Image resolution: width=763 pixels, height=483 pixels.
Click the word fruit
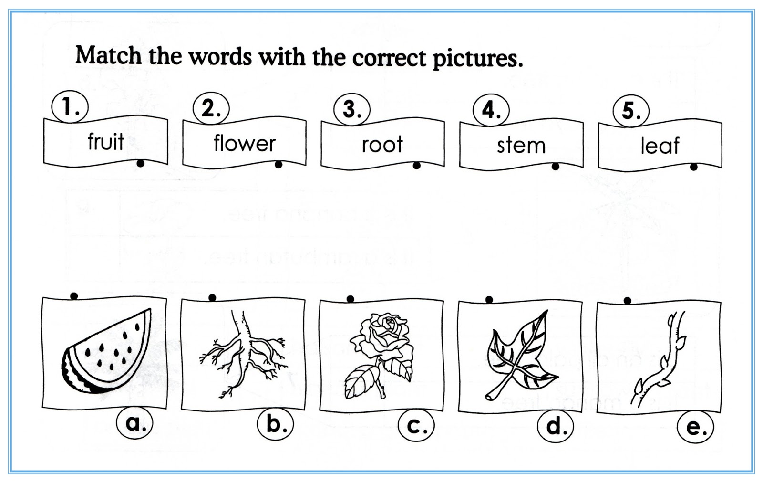click(106, 141)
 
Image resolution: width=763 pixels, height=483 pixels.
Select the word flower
click(244, 143)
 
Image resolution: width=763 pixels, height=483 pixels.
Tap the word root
click(382, 144)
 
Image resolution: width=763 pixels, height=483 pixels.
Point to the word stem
click(521, 145)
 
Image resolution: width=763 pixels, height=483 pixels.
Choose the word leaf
click(660, 146)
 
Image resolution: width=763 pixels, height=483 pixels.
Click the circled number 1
click(70, 107)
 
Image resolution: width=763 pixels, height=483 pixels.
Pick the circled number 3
click(352, 109)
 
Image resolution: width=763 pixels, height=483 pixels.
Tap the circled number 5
click(631, 111)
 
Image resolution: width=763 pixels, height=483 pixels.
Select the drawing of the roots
click(243, 353)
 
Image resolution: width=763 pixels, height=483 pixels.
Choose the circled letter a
click(134, 422)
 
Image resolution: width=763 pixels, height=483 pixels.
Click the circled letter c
click(416, 426)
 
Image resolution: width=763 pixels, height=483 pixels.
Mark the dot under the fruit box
click(140, 163)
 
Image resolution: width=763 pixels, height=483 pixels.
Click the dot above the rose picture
click(351, 299)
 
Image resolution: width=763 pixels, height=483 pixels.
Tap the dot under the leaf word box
click(694, 167)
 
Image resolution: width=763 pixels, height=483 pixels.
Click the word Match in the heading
click(109, 55)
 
